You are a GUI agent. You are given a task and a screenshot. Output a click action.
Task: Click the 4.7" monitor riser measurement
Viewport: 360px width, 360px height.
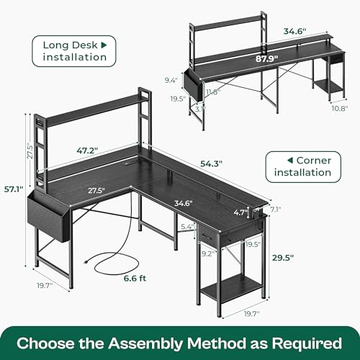pos(241,212)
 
